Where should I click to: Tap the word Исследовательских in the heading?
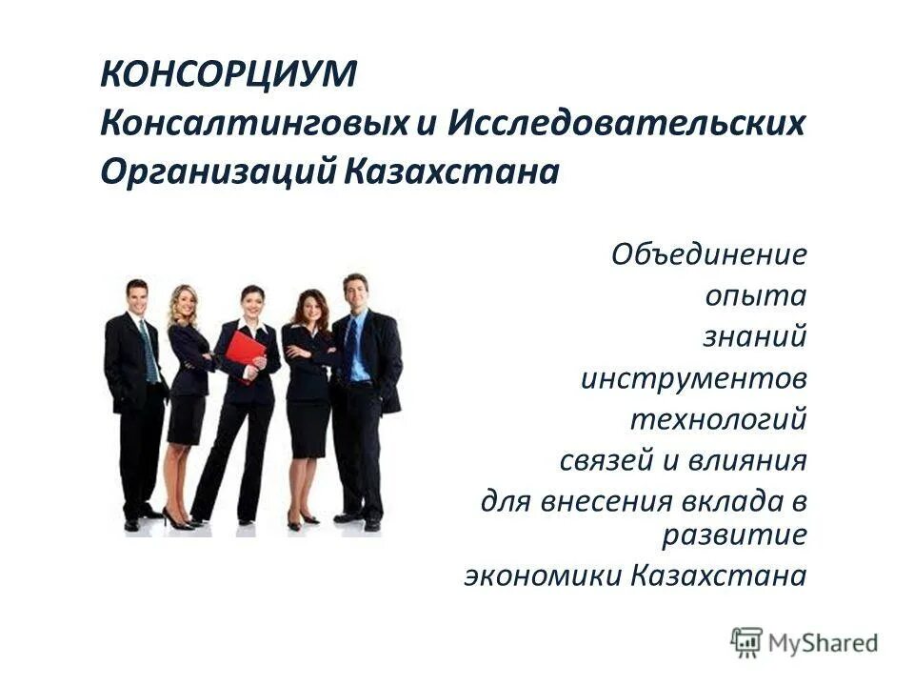[626, 124]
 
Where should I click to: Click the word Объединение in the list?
[709, 254]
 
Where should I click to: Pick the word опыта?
[756, 295]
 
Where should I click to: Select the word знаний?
[755, 336]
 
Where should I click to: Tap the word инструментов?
[694, 378]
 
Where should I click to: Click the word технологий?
[718, 419]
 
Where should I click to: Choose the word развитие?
[734, 534]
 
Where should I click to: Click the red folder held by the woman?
[246, 354]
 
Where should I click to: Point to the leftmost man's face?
[137, 297]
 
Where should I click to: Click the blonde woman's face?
[183, 304]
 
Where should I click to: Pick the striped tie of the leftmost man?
[148, 350]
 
